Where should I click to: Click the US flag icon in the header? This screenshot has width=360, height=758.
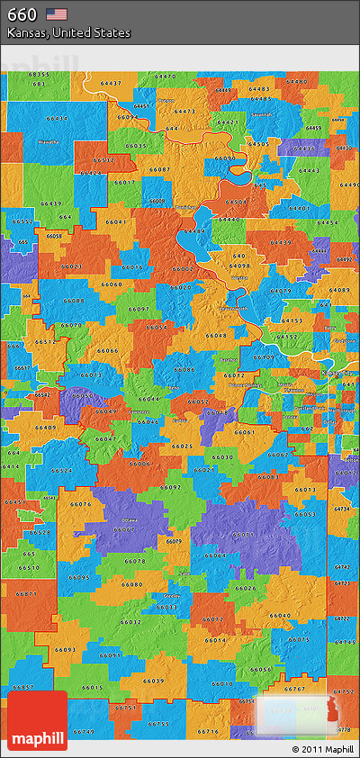[x=57, y=14]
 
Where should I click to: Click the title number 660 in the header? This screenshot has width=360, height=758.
[x=22, y=14]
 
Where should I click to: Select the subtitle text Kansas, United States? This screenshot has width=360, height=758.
[x=68, y=32]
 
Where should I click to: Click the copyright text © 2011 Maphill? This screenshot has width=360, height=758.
[x=322, y=748]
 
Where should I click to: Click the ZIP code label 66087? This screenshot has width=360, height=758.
[x=159, y=169]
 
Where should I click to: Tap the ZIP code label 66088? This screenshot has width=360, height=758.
[x=76, y=301]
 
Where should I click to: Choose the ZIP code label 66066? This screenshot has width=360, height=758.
[x=108, y=350]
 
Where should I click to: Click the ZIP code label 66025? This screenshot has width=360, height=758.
[x=182, y=446]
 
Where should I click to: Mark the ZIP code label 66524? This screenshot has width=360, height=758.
[x=62, y=470]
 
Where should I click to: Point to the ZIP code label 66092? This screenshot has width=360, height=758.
[x=171, y=486]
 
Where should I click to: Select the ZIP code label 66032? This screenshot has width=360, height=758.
[x=130, y=621]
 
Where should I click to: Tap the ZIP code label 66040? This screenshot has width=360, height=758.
[x=279, y=615]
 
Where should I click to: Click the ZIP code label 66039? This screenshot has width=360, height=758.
[x=154, y=681]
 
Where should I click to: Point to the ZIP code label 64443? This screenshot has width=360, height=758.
[x=309, y=170]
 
